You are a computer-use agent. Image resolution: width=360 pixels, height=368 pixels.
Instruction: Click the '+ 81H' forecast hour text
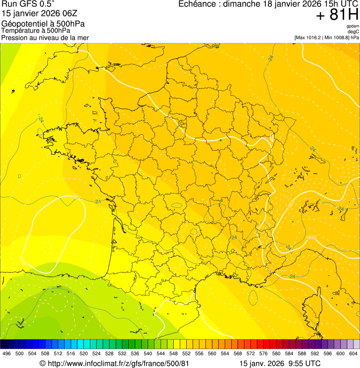pyautogui.click(x=337, y=15)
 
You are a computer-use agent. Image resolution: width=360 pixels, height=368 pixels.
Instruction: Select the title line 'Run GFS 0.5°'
pyautogui.click(x=28, y=4)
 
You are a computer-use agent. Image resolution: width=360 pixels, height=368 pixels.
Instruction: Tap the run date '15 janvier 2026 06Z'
pyautogui.click(x=37, y=14)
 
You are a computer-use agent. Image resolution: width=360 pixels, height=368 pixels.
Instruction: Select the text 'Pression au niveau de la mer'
pyautogui.click(x=45, y=37)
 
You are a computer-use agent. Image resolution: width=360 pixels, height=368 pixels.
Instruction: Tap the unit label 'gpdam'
pyautogui.click(x=353, y=26)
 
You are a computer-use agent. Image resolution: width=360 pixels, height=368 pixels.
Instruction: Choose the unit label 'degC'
pyautogui.click(x=353, y=31)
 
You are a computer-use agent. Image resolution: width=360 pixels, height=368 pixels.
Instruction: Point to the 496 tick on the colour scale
pyautogui.click(x=7, y=353)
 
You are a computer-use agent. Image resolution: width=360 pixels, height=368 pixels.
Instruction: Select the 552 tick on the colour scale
pyautogui.click(x=186, y=353)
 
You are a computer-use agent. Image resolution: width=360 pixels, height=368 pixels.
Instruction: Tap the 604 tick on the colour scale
pyautogui.click(x=353, y=353)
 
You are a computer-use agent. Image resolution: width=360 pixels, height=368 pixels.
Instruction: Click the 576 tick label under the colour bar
pyautogui.click(x=263, y=353)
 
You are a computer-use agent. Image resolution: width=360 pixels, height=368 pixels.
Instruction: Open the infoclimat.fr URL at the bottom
pyautogui.click(x=114, y=363)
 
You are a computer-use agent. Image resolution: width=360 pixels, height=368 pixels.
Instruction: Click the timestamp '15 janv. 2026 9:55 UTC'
pyautogui.click(x=280, y=363)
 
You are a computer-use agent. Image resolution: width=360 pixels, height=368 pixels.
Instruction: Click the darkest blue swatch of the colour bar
pyautogui.click(x=4, y=344)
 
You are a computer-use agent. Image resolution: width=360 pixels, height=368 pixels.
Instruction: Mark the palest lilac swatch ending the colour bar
pyautogui.click(x=356, y=344)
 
